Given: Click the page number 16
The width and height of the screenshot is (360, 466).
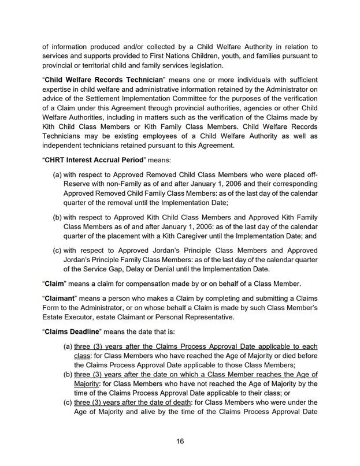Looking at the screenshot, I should tap(180, 441).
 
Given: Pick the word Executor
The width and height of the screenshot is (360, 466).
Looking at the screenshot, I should tap(90, 317).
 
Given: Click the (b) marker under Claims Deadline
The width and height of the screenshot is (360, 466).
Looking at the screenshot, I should tap(68, 374).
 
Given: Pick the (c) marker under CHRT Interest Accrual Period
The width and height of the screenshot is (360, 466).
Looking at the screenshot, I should tap(57, 251).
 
